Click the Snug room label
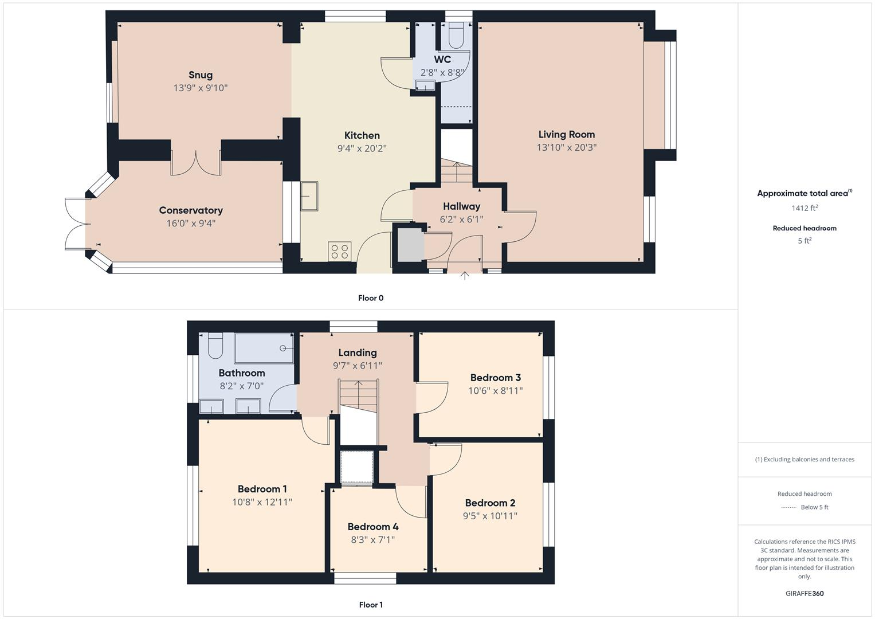pos(201,75)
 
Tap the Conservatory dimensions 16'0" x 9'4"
pos(191,224)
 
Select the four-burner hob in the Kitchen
pos(339,252)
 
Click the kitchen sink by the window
pos(309,197)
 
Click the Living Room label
pos(566,134)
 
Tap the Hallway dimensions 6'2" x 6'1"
pos(461,219)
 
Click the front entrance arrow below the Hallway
pos(465,276)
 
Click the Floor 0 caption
pos(371,298)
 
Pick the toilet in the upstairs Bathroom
pos(215,346)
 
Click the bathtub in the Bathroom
pos(264,348)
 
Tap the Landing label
pos(357,352)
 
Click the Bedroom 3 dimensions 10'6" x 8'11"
pos(495,391)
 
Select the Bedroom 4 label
pos(372,527)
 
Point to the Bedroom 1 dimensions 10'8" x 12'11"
pos(262,502)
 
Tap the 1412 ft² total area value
pos(805,208)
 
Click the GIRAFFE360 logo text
pos(805,593)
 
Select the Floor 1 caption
pos(371,605)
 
